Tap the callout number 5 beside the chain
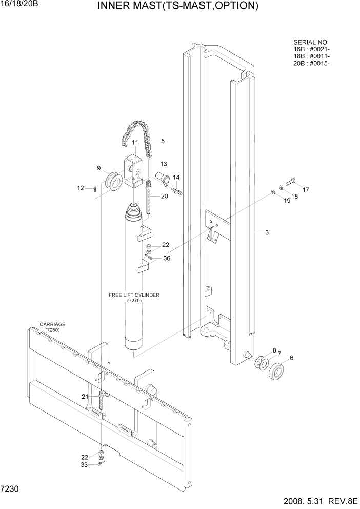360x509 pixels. click(163, 141)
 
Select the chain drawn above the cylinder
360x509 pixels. click(135, 134)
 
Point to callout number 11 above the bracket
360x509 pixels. click(135, 143)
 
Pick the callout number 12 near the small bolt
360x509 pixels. click(81, 188)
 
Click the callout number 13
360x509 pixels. click(164, 164)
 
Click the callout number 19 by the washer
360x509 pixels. click(287, 201)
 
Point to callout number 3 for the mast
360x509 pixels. click(267, 232)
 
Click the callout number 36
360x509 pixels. click(166, 258)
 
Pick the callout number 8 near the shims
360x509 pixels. click(274, 350)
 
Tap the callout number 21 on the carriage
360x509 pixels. click(85, 396)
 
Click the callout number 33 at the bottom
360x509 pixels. click(84, 465)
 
